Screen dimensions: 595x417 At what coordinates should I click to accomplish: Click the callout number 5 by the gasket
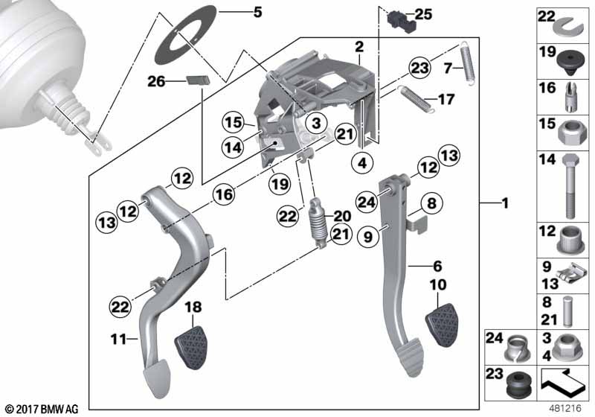(257, 12)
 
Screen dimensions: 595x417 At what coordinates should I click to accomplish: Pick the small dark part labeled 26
(198, 80)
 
